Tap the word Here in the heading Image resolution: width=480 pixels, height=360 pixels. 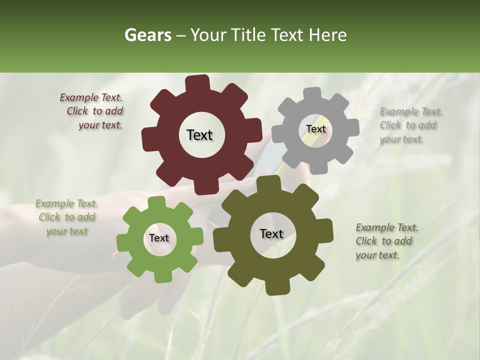click(x=327, y=35)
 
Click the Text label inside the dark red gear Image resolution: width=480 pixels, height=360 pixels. click(x=199, y=135)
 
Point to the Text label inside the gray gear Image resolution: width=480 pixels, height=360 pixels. click(x=316, y=129)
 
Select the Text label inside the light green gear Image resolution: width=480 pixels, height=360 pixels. click(x=159, y=238)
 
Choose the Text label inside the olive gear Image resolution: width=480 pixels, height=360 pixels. click(x=271, y=233)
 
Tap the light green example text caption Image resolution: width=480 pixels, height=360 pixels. click(x=66, y=217)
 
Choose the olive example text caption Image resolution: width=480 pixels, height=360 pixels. click(x=386, y=241)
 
